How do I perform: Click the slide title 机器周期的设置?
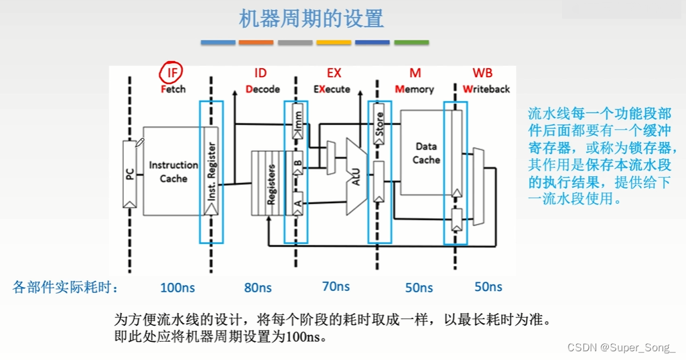tap(312, 18)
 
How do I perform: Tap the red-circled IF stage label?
tap(172, 72)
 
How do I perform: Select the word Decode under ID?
tap(258, 89)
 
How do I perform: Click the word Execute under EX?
tap(332, 89)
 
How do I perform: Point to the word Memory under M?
tap(414, 89)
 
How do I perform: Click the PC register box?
tap(131, 173)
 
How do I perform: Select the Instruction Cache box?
tap(173, 171)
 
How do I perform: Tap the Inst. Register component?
tap(211, 171)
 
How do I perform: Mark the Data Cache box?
tap(426, 153)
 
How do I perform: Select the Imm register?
tap(298, 122)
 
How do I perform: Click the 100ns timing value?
tap(178, 288)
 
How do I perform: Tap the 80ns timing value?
tap(258, 288)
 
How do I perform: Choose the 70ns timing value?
tap(336, 286)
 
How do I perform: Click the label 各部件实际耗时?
tap(66, 288)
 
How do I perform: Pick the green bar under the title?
tap(411, 42)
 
